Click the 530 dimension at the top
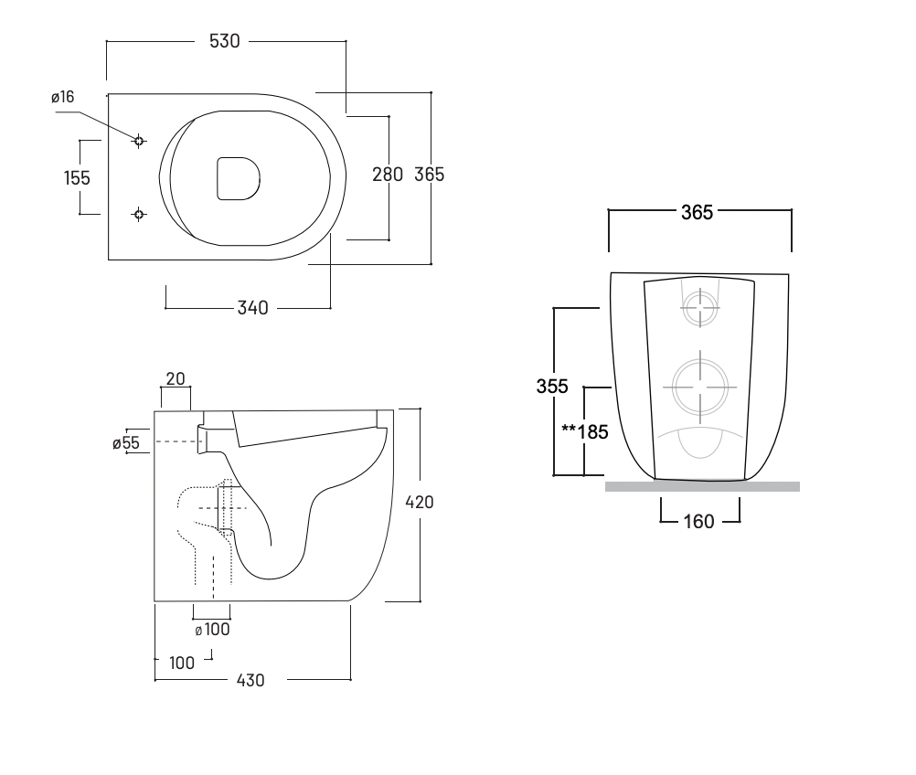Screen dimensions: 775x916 (224, 41)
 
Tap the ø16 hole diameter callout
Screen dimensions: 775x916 (62, 97)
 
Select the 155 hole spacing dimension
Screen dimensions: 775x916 (78, 177)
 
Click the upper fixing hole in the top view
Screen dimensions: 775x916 (139, 141)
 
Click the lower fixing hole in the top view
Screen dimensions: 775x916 (139, 214)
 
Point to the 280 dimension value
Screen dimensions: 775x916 (388, 175)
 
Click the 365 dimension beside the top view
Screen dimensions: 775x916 (429, 175)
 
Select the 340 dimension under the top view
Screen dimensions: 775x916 (252, 308)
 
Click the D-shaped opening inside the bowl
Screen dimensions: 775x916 (238, 177)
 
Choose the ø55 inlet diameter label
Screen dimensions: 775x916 (125, 442)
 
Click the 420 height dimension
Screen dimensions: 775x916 (420, 502)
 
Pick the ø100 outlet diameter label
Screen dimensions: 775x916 (212, 630)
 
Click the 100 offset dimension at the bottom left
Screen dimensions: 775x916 (182, 663)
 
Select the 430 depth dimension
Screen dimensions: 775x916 (250, 681)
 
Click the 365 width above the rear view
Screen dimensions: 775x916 (697, 212)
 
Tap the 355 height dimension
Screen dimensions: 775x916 (552, 387)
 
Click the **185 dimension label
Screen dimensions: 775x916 (585, 431)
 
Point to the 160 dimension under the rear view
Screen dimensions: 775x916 (699, 522)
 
